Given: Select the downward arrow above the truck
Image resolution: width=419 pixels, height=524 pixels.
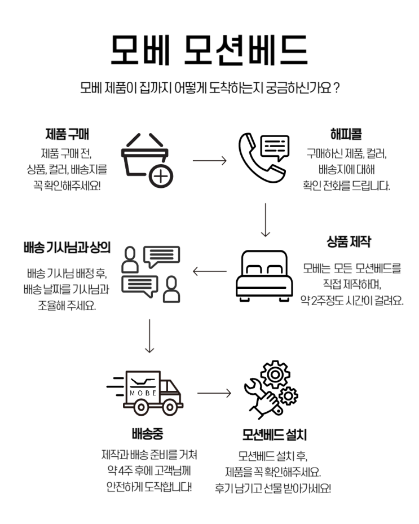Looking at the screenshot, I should (149, 336).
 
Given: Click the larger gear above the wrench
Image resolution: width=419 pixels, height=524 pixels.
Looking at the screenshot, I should (276, 374).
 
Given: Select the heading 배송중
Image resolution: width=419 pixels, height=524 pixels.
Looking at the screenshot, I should (148, 435).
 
